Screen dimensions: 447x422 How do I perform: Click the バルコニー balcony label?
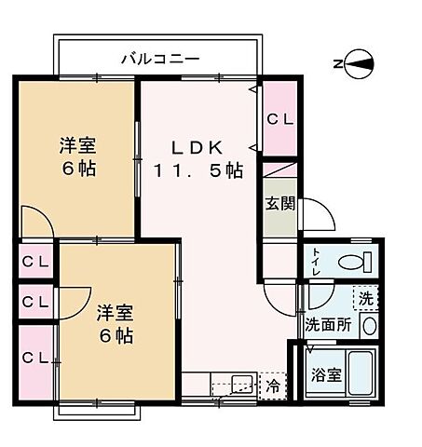point(159,60)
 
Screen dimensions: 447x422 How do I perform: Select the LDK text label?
point(196,145)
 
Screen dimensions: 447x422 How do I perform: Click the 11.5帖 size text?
point(198,171)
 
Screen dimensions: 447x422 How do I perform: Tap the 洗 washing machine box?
point(365,299)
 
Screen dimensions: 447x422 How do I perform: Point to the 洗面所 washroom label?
point(327,324)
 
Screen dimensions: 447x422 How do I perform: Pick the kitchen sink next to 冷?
point(233,384)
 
